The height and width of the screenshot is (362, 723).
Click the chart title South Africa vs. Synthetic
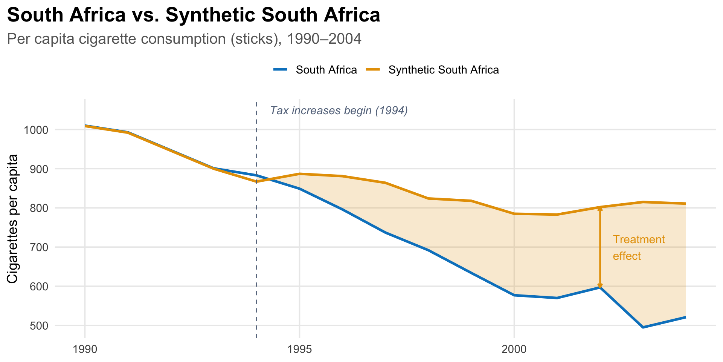[193, 15]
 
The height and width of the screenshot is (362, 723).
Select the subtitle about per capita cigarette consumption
[184, 39]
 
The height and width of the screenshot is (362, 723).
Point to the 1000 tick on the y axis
[36, 130]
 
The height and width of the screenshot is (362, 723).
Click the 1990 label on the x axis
[85, 350]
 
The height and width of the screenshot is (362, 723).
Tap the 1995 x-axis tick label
[299, 350]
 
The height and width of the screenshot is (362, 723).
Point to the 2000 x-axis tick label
[514, 350]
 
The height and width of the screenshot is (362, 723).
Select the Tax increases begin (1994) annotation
[339, 111]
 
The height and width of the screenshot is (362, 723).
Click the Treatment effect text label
[639, 248]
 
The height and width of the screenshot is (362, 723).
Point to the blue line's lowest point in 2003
[643, 327]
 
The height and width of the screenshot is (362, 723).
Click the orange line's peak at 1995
[299, 174]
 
